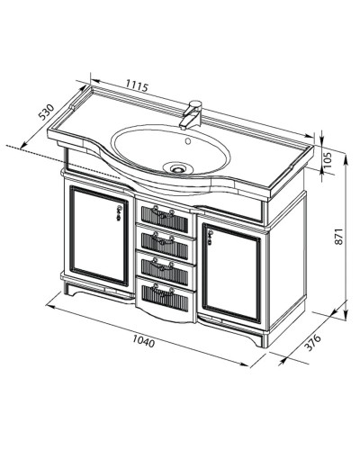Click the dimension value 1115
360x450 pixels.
(x=136, y=87)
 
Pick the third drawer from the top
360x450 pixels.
(x=165, y=268)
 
